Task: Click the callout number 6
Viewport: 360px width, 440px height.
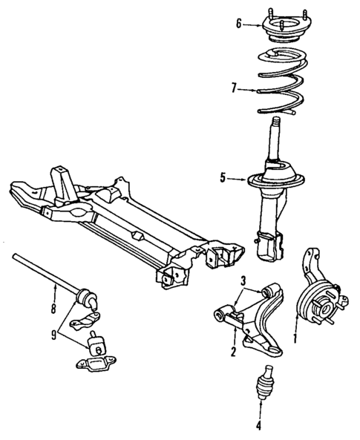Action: [238, 24]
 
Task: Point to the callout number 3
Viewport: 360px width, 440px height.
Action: [243, 280]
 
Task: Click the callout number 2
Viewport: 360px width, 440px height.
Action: [232, 352]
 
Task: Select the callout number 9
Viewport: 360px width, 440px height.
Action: [53, 335]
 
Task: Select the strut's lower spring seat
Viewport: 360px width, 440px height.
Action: [278, 182]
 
